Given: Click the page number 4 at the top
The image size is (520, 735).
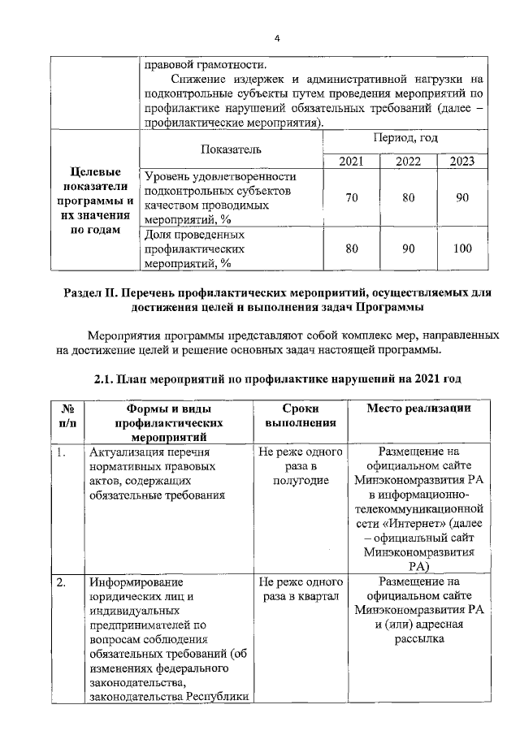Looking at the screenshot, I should pos(276,38).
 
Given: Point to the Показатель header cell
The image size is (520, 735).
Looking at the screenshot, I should pos(231,149).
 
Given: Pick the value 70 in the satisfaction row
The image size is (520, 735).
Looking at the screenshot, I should pos(351,198).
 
